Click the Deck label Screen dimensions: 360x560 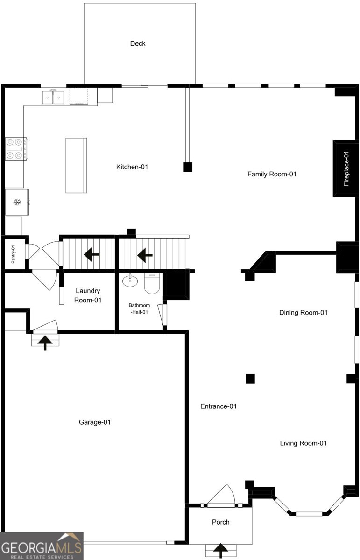coord(138,43)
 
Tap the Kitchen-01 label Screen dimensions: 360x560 coord(132,167)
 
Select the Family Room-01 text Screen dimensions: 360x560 coord(272,174)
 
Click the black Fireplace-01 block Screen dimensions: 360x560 coord(346,168)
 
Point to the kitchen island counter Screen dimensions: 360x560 coord(76,165)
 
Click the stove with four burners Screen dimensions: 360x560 coord(16,149)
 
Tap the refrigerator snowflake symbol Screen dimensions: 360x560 coord(17,202)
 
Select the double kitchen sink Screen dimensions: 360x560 coord(53,97)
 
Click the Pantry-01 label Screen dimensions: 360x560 coord(13,254)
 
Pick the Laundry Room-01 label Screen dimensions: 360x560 coord(88,295)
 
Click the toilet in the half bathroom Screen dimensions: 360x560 coord(152,283)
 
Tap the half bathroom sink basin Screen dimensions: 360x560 coord(130,280)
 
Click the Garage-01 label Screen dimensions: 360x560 coord(95,422)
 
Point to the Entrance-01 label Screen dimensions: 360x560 coord(219,406)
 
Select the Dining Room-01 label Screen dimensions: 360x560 coord(303,313)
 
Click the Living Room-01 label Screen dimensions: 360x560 coord(303,443)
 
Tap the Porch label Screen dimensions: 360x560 coord(221,522)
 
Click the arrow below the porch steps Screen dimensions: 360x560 coord(220,551)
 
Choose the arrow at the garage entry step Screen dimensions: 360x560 coord(45,343)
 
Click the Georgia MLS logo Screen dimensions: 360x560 coord(42,546)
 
